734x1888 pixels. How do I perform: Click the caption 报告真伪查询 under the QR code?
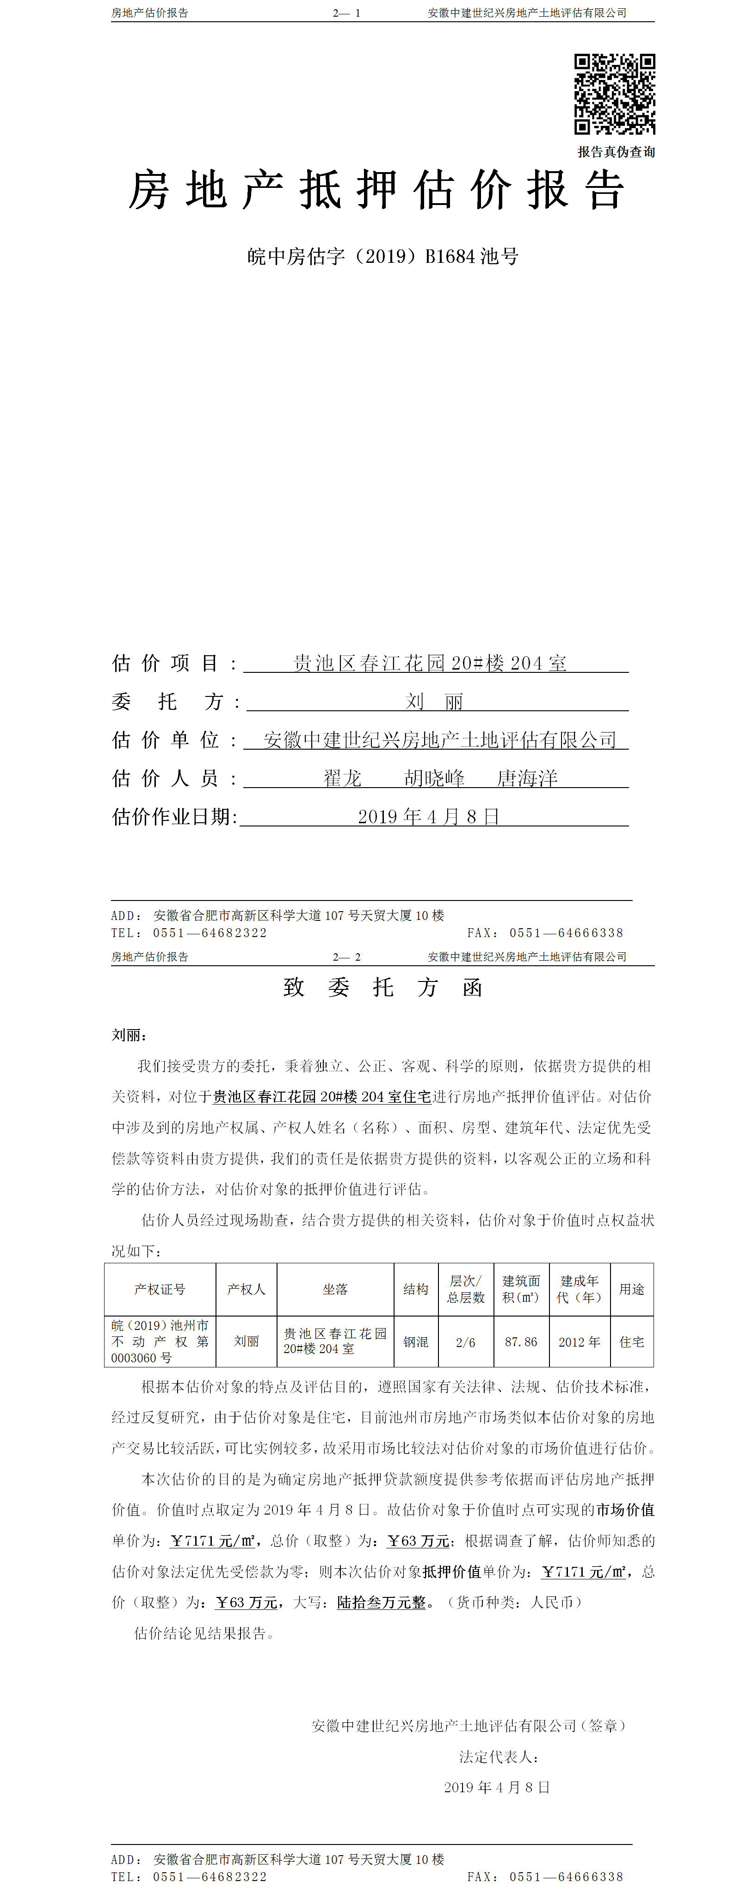[616, 152]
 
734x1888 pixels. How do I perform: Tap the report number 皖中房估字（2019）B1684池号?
[383, 256]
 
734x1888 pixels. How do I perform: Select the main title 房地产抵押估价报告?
[376, 191]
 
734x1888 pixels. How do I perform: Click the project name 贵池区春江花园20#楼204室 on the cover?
[430, 663]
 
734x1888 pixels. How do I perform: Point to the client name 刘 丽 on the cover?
[434, 702]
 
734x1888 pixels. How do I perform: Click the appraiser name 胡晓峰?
[434, 778]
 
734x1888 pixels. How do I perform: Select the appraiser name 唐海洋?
[527, 778]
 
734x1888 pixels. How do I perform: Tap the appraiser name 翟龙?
[343, 778]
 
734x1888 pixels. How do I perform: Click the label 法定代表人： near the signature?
[500, 1757]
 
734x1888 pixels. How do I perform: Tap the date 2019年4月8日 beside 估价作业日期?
[429, 816]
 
